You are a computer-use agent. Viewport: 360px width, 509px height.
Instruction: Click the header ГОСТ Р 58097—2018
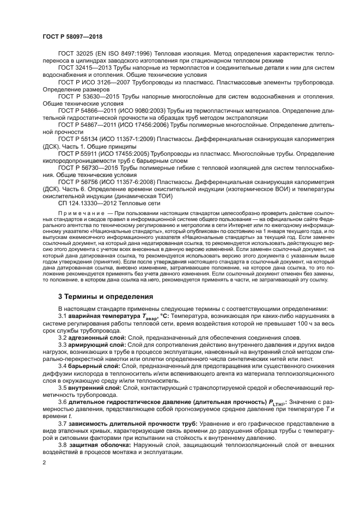[72, 36]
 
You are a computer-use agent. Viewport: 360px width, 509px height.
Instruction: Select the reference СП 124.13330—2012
[82, 202]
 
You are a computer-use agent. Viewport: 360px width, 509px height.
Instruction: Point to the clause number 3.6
[63, 402]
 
